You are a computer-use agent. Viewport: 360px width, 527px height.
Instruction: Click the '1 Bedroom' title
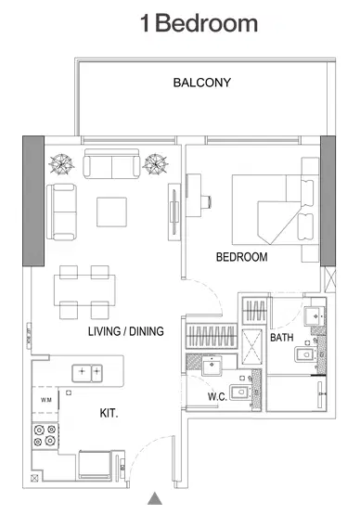[199, 25]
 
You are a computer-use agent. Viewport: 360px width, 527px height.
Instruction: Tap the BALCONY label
[201, 83]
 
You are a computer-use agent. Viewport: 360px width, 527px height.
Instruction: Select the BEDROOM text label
[241, 257]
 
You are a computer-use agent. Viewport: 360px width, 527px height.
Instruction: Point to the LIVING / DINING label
[126, 331]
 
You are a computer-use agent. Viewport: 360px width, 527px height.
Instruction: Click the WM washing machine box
[45, 400]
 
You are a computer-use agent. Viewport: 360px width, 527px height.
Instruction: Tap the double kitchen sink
[89, 372]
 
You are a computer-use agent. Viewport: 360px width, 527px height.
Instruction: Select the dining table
[84, 289]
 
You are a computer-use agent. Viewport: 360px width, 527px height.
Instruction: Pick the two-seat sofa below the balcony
[111, 165]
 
